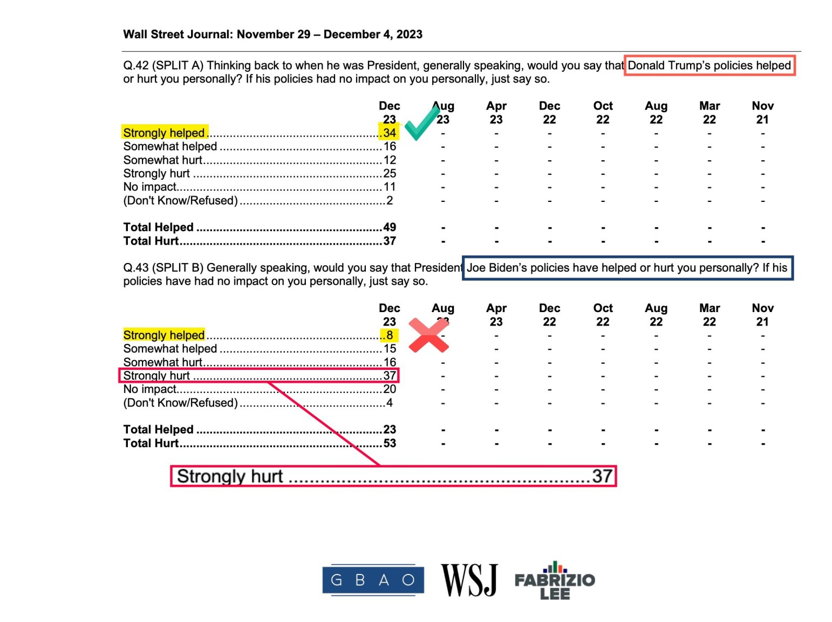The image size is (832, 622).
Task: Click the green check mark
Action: click(421, 123)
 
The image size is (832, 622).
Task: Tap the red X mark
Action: click(428, 335)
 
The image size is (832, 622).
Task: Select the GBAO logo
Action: click(372, 580)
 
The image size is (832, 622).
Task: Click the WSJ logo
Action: click(469, 580)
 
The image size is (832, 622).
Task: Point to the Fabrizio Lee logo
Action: click(555, 581)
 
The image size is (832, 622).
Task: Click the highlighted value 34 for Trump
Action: click(390, 133)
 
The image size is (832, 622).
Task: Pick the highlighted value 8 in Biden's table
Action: click(390, 335)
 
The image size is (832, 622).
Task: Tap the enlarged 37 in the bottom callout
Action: click(602, 476)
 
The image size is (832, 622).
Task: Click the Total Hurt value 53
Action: click(390, 443)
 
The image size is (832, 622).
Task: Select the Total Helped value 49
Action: click(390, 227)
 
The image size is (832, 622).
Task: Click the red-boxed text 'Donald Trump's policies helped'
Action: click(709, 65)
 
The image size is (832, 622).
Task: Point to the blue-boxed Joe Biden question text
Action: click(627, 268)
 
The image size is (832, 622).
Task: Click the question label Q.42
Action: click(135, 65)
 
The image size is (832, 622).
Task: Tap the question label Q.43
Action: click(135, 268)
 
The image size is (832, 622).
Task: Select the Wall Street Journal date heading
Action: click(272, 35)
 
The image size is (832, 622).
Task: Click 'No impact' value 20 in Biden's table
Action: click(390, 389)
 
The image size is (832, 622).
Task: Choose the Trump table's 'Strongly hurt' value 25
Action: click(390, 173)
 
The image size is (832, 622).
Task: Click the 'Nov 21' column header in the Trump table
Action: click(762, 112)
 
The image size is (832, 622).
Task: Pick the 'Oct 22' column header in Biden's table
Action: click(603, 315)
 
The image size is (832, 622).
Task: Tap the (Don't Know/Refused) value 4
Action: click(390, 403)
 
